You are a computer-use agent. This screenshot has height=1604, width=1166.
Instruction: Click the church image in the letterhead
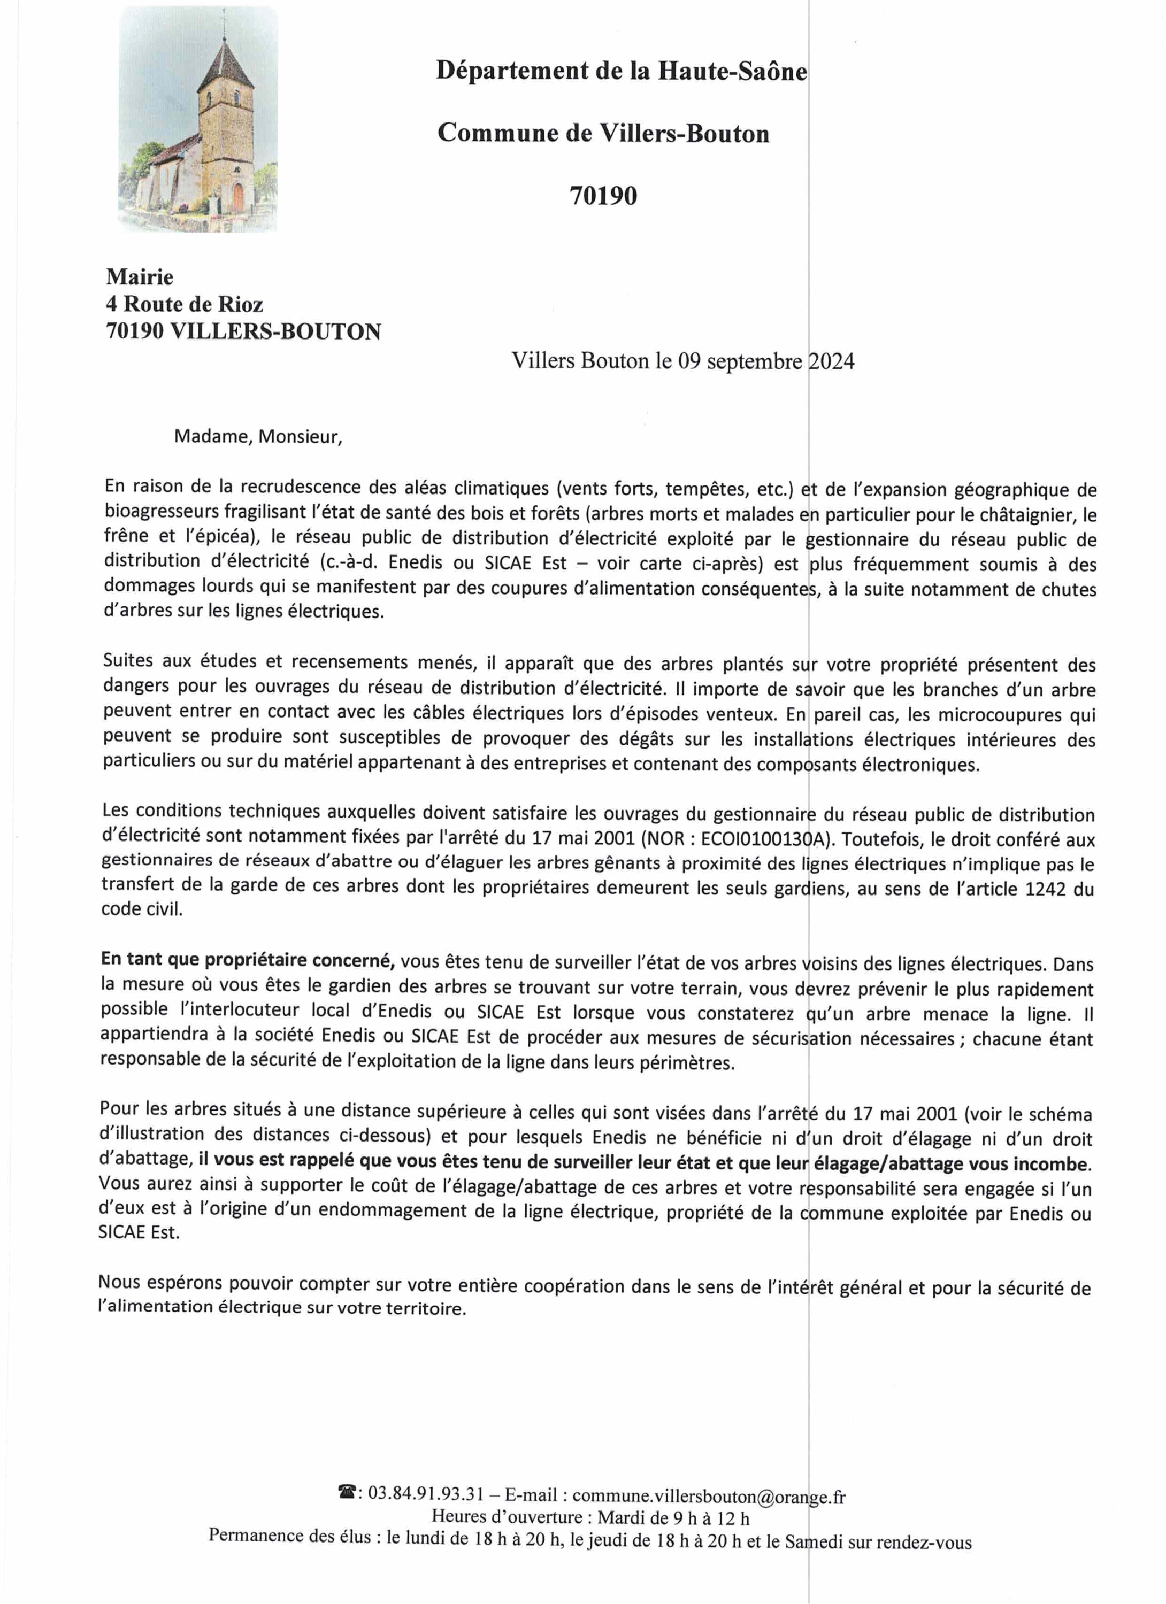(198, 120)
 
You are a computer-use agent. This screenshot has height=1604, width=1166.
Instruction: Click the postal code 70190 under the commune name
(603, 196)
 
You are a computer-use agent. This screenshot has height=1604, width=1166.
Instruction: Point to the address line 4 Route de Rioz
(184, 304)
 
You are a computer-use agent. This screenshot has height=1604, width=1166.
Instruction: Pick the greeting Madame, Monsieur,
(258, 436)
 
